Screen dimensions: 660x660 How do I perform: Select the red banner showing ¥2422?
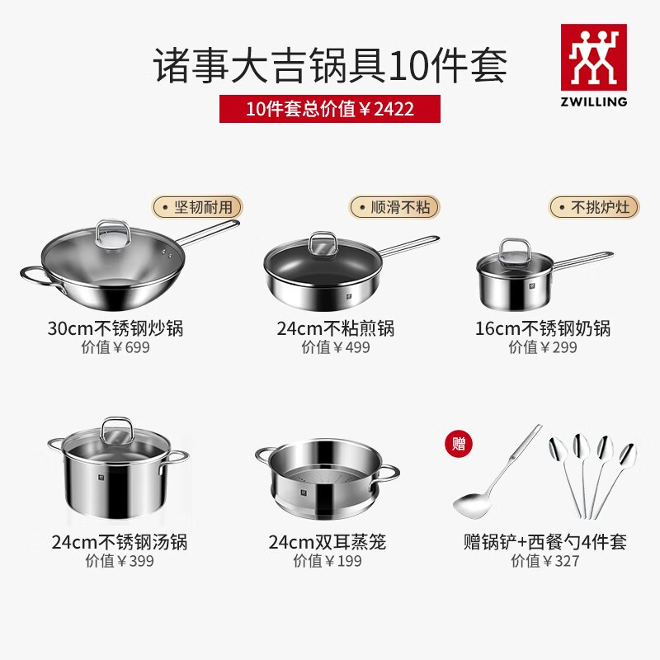330,108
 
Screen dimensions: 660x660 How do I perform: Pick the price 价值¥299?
542,347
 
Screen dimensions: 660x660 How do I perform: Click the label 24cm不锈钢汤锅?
120,542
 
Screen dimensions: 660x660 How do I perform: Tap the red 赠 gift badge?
457,443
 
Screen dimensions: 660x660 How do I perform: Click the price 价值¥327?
545,561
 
